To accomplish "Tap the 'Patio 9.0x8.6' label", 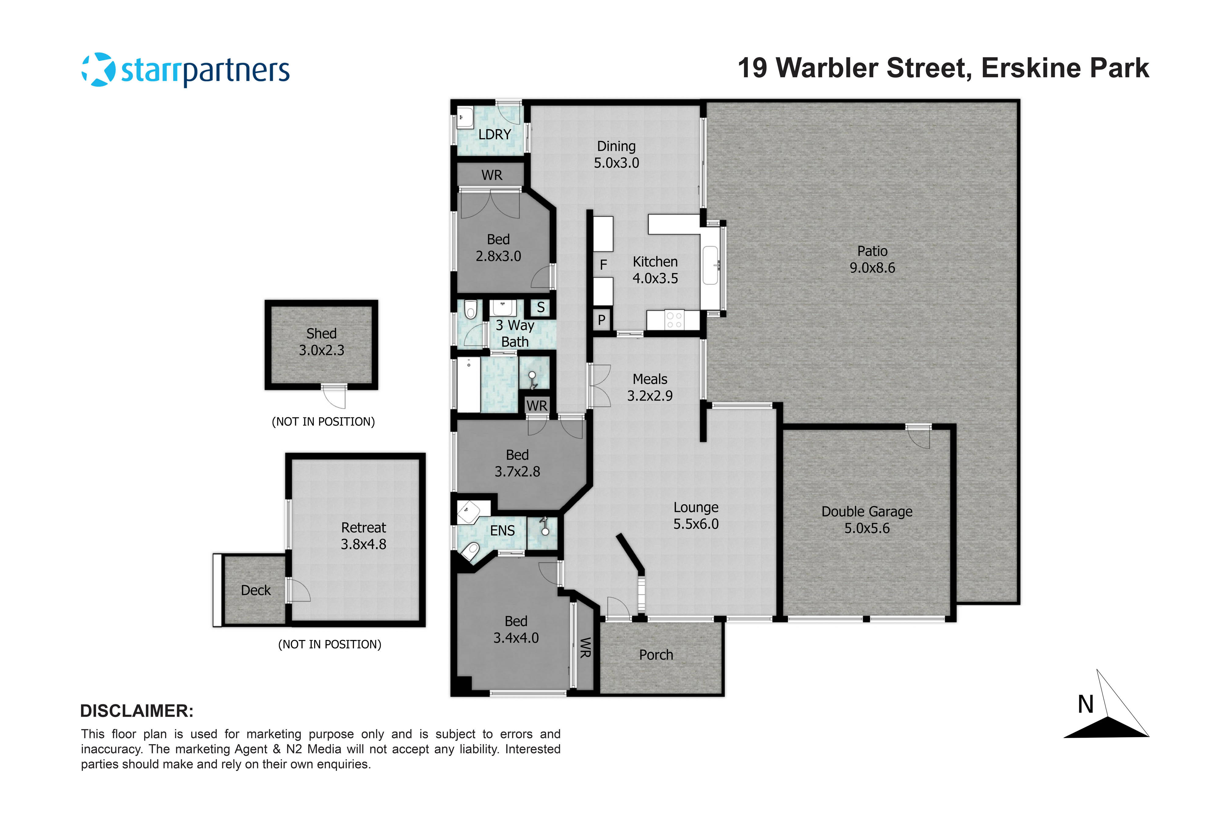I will pos(872,259).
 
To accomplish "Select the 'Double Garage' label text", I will pos(866,512).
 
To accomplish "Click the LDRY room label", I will pos(494,135).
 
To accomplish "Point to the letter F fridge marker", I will pos(603,265).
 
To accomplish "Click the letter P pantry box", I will pos(602,320).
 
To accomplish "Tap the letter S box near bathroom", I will pos(540,307).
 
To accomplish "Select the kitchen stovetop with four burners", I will pos(674,320).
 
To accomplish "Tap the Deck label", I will pos(255,590).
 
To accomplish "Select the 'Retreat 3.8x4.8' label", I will pos(363,536).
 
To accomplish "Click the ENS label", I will pos(502,530).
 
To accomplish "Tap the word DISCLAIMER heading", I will pos(136,711).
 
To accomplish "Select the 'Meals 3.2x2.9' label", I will pos(650,387).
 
